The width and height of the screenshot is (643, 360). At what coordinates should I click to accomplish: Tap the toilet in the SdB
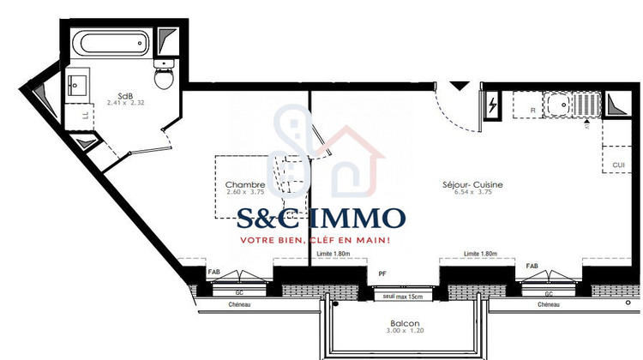click(x=162, y=78)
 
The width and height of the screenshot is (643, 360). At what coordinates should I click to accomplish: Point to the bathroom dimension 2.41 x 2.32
click(x=127, y=104)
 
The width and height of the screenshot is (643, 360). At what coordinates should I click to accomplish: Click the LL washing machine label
click(x=84, y=112)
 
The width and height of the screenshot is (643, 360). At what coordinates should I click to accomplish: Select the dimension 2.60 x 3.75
click(x=243, y=192)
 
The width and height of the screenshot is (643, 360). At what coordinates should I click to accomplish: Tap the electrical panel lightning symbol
click(x=493, y=105)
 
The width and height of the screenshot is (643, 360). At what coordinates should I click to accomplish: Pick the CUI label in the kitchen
click(x=618, y=165)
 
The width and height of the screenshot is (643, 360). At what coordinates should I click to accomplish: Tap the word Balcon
click(x=390, y=323)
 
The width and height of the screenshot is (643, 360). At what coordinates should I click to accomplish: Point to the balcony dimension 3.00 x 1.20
click(x=390, y=331)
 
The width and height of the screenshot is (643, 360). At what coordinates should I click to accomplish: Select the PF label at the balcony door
click(x=383, y=273)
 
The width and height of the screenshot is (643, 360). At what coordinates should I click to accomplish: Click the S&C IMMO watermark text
click(x=321, y=218)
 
